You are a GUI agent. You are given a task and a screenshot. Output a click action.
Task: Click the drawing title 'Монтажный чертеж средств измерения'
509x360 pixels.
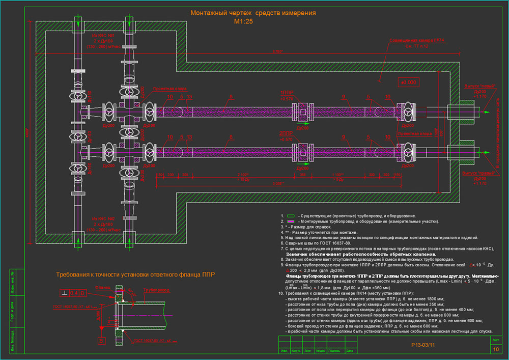253,13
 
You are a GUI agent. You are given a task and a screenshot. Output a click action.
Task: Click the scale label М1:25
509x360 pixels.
243,22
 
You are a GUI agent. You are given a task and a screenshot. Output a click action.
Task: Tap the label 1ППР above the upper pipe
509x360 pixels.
287,94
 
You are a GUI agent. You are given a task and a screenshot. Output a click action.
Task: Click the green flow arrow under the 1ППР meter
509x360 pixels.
301,123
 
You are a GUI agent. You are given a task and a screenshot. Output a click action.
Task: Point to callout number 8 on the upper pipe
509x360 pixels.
231,96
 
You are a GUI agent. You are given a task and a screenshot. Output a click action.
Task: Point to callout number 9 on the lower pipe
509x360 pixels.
344,136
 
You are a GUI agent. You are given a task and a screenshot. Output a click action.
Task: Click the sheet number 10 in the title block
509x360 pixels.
495,349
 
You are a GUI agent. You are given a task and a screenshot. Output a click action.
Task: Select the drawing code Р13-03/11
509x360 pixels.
423,345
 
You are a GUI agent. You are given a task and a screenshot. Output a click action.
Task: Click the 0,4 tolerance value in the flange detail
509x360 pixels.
74,292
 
